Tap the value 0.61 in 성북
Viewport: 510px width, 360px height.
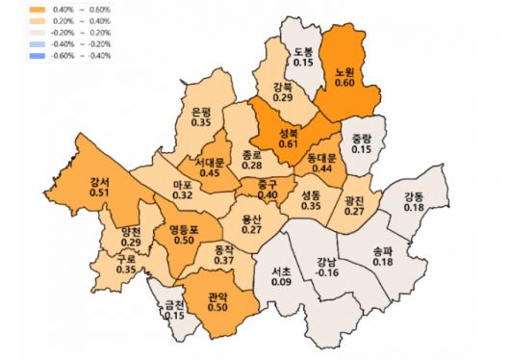(288, 143)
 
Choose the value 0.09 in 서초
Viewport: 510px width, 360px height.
(281, 282)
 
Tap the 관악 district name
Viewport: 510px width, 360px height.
(217, 297)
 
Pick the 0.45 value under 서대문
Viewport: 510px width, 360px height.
(209, 173)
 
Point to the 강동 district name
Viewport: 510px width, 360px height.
(415, 196)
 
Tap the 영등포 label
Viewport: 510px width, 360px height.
(183, 229)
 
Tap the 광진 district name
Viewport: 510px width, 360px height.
(354, 199)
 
